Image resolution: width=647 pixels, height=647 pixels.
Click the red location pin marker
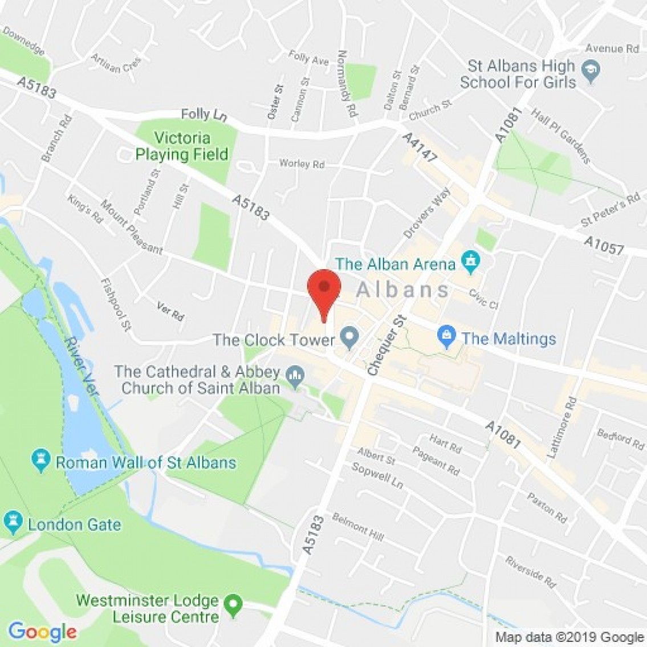coord(324,288)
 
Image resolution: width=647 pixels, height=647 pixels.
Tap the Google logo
coord(42,632)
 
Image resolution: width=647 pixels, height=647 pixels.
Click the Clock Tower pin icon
coord(349,339)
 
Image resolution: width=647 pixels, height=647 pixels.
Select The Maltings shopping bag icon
coord(447,338)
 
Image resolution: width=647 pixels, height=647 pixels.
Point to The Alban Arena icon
coord(471,263)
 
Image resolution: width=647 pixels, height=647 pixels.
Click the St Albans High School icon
coord(590,72)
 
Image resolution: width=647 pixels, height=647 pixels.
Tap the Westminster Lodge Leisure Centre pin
coord(233,605)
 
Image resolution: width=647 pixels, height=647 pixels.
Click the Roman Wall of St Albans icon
coord(41,461)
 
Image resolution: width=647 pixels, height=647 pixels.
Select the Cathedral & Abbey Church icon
coord(295,376)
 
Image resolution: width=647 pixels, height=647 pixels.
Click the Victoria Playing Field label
coord(182,146)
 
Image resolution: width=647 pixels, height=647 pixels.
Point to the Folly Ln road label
coord(204,115)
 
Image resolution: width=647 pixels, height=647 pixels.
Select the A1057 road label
coord(604,246)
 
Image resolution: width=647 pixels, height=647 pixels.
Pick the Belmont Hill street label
coord(358,527)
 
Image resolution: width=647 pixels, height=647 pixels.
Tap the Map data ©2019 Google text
coord(569,637)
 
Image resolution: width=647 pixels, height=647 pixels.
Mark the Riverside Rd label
coord(530,572)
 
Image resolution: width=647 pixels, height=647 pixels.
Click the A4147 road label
coord(419,148)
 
